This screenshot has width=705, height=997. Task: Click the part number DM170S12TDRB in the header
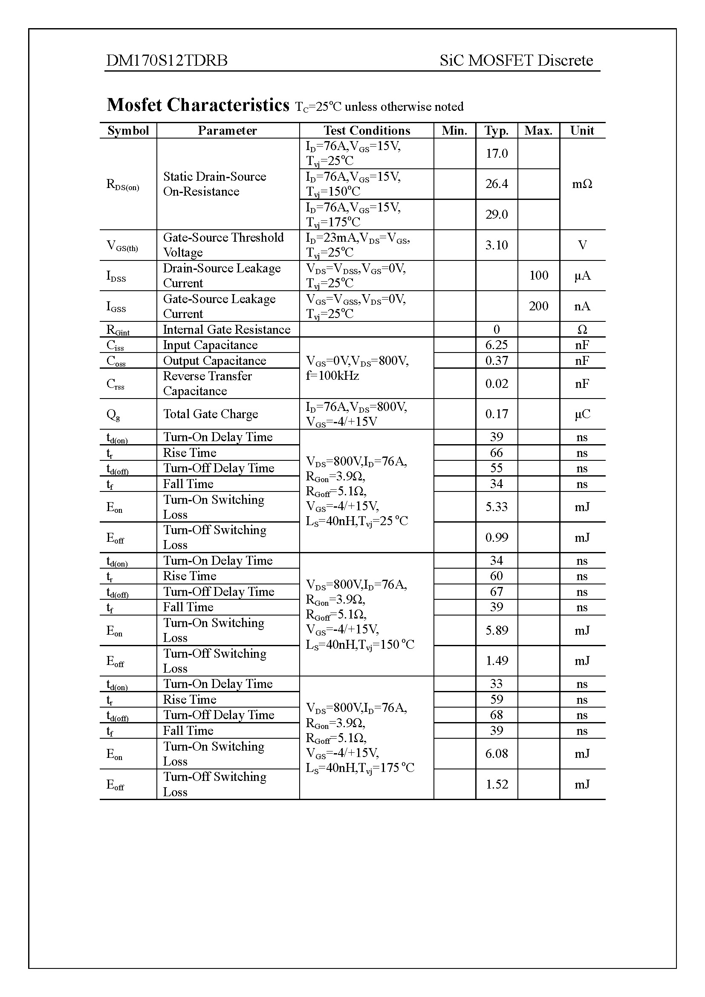click(x=167, y=61)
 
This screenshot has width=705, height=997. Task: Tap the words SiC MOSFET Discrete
click(x=516, y=61)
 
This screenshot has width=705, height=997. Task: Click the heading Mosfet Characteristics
click(x=198, y=105)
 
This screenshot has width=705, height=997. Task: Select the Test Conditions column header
click(x=367, y=131)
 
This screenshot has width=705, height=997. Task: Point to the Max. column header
click(x=538, y=131)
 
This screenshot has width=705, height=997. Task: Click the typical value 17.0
click(x=497, y=153)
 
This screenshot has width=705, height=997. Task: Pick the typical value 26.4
click(x=497, y=184)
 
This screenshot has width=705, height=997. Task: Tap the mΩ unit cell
click(x=582, y=184)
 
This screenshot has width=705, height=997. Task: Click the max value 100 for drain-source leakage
click(x=538, y=275)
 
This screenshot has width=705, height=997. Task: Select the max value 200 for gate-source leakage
click(x=538, y=306)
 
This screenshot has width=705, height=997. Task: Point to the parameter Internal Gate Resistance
click(x=227, y=329)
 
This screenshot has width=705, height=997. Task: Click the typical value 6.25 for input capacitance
click(x=497, y=345)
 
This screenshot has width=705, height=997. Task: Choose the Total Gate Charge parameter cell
click(x=211, y=414)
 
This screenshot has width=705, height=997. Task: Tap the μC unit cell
click(x=582, y=414)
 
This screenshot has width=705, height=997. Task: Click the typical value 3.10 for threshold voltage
click(x=497, y=245)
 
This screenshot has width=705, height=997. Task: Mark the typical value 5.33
click(x=497, y=507)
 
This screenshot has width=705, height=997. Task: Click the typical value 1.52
click(x=497, y=784)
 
